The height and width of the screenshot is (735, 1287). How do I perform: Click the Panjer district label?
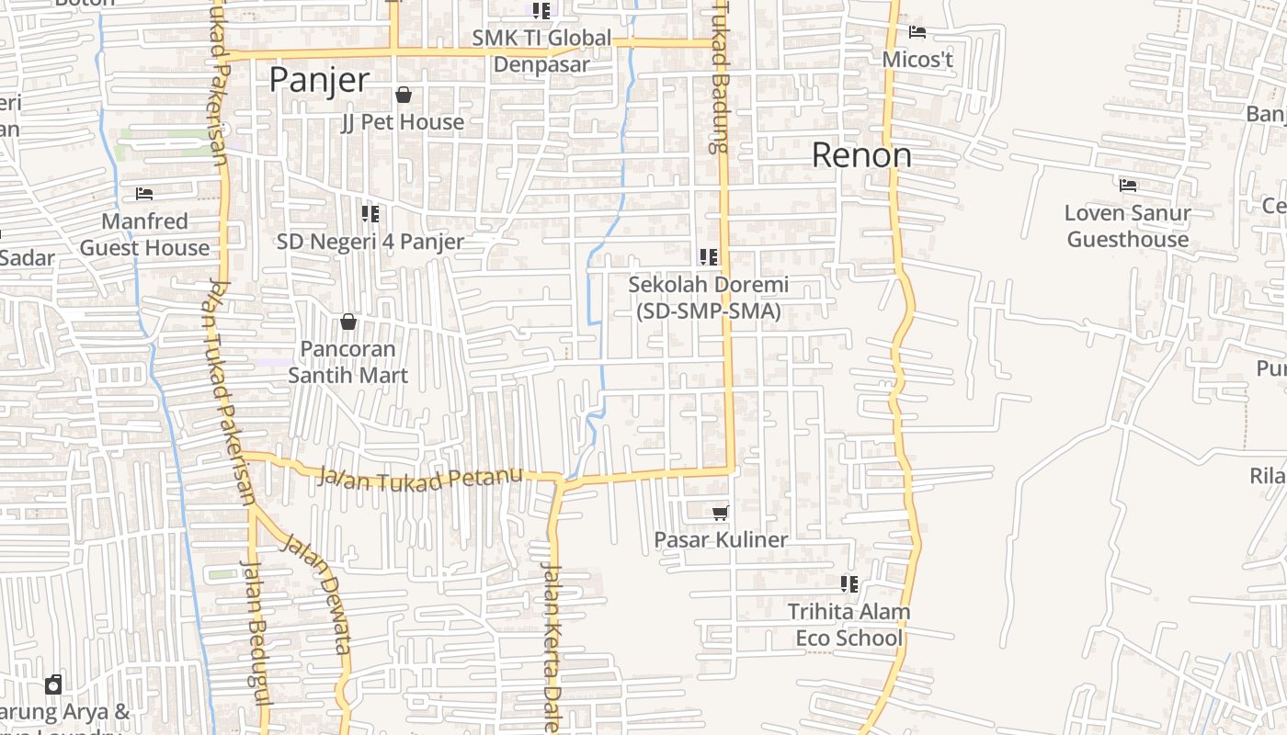(x=319, y=81)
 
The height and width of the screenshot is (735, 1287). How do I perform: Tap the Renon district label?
(x=861, y=155)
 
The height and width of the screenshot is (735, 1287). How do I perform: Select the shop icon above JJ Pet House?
(x=403, y=95)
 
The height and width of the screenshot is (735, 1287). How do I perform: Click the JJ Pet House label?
(x=403, y=122)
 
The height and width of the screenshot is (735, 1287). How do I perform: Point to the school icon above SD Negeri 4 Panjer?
(x=370, y=214)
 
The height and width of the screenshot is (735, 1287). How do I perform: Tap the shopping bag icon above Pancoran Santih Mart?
(x=348, y=322)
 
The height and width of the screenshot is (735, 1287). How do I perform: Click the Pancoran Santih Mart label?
(x=348, y=362)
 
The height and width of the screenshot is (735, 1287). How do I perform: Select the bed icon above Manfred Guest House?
(x=144, y=194)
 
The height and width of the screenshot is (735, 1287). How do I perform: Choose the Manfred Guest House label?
(x=144, y=234)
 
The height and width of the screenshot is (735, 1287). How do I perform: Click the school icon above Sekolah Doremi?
(x=709, y=257)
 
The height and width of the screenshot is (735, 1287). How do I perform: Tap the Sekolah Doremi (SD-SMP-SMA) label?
(x=708, y=299)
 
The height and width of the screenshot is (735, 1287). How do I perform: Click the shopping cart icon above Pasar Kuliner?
(x=721, y=513)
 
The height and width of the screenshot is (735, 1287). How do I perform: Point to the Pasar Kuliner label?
(x=721, y=539)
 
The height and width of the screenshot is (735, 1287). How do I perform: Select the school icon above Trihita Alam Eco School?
(x=849, y=583)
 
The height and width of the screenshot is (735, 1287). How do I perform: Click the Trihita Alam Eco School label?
(x=849, y=625)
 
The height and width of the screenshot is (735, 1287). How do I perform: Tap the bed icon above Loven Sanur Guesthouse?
(x=1128, y=186)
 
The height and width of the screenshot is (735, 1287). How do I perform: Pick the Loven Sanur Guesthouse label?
(x=1128, y=226)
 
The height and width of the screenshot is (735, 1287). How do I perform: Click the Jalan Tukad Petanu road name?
(x=420, y=479)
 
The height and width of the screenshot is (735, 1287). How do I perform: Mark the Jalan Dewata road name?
(x=317, y=588)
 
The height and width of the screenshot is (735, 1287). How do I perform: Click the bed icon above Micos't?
(x=917, y=32)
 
